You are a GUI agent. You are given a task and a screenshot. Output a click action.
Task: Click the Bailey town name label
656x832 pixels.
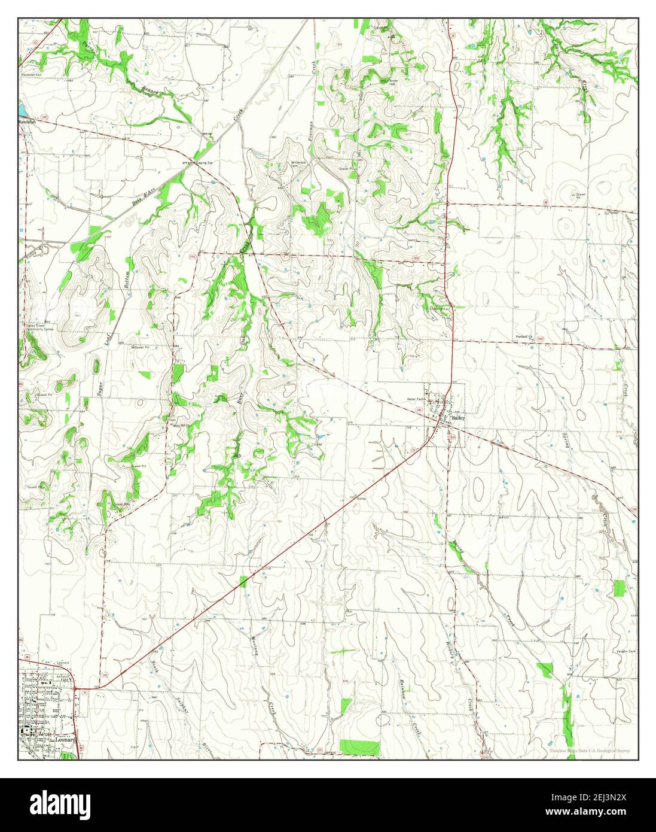458,419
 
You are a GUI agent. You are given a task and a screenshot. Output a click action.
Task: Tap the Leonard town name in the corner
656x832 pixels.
65,739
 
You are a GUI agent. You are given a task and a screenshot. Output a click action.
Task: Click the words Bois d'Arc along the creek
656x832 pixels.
142,197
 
